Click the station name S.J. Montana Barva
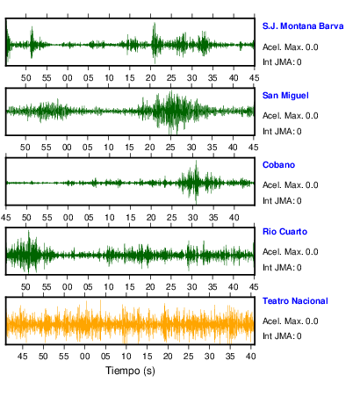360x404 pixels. [303, 26]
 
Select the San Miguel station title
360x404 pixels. [285, 96]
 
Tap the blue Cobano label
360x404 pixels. [278, 165]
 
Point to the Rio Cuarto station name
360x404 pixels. [284, 232]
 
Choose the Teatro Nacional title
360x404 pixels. [295, 301]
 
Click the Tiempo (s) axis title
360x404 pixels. [130, 371]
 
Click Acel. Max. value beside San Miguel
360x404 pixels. [291, 116]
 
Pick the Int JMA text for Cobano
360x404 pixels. [282, 201]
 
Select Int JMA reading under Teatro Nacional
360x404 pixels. [282, 335]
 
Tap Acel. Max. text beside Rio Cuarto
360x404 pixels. [291, 252]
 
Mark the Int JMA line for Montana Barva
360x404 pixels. [282, 62]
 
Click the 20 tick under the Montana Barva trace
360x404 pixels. [150, 78]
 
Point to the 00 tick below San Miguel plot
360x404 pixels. [67, 147]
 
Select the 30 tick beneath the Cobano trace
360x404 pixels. [192, 218]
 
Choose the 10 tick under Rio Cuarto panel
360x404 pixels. [109, 287]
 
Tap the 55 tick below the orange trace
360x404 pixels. [63, 357]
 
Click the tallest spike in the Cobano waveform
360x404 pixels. [196, 162]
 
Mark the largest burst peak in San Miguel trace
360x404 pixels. [171, 92]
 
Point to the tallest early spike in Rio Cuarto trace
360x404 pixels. [28, 232]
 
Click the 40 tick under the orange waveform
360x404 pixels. [251, 357]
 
